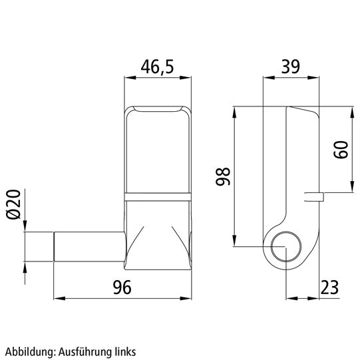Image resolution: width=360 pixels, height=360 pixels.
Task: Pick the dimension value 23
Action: pyautogui.click(x=328, y=287)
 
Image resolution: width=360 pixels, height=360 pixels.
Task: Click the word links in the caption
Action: pyautogui.click(x=126, y=350)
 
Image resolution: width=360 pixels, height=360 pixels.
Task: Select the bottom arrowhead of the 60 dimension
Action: pyautogui.click(x=352, y=190)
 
